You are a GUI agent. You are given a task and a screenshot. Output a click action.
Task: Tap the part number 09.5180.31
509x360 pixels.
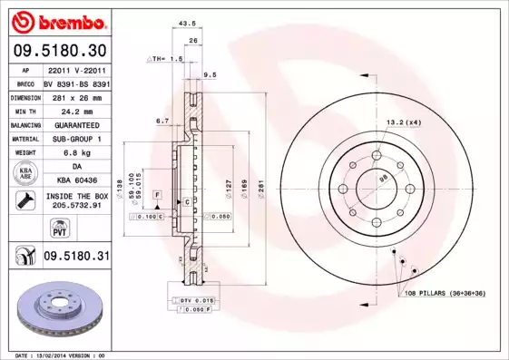[76, 257]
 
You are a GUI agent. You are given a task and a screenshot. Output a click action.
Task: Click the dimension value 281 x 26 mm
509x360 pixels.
[75, 97]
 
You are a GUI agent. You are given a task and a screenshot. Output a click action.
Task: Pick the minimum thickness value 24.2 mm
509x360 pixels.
[75, 111]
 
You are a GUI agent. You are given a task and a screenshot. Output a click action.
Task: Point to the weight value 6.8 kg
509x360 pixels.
[75, 153]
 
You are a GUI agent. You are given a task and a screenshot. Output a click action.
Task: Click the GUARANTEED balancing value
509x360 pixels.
[75, 125]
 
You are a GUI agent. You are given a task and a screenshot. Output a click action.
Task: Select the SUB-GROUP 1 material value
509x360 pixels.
[75, 139]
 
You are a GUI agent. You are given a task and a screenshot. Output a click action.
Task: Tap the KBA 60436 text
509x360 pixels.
[75, 181]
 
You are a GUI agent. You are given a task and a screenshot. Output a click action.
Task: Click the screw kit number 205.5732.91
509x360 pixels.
[75, 206]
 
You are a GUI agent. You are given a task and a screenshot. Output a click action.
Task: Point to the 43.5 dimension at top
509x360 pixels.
[187, 24]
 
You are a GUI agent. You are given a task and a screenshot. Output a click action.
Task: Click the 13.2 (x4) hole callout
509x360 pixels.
[403, 122]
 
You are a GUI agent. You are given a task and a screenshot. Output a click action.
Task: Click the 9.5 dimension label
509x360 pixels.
[209, 74]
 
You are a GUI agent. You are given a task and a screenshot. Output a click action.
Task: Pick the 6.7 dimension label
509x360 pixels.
[162, 120]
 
